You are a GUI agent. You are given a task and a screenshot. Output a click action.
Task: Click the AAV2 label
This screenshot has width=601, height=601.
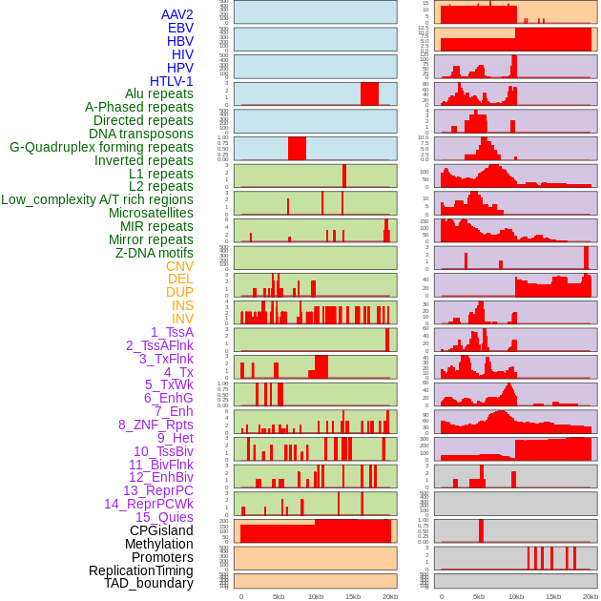[x=176, y=15]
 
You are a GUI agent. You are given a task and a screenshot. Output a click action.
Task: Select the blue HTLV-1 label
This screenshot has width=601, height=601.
[x=171, y=82]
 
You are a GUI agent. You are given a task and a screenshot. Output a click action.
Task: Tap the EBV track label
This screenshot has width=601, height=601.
[x=179, y=29]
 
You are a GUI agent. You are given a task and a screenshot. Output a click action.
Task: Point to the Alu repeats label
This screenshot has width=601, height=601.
[x=158, y=94]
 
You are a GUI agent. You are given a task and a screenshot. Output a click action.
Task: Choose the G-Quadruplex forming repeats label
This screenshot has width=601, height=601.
[x=101, y=148]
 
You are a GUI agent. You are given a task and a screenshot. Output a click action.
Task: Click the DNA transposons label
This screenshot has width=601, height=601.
[x=140, y=135]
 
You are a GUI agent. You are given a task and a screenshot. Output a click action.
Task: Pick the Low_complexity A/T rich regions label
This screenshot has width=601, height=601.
[x=96, y=200]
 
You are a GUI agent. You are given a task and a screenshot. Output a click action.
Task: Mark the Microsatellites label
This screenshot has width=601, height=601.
[x=151, y=214]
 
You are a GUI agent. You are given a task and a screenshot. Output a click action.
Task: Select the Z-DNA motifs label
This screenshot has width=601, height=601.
[x=154, y=254]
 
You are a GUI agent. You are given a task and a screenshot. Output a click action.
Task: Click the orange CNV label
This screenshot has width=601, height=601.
[x=179, y=267]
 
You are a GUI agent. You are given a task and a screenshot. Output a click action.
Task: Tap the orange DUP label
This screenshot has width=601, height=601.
[x=179, y=293]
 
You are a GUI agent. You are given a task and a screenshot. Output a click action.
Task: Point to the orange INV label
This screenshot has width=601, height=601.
[x=181, y=320]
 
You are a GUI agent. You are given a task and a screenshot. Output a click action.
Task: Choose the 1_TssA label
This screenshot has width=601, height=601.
[x=172, y=333]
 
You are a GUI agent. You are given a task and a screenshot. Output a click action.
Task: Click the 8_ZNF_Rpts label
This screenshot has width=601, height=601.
[x=155, y=425]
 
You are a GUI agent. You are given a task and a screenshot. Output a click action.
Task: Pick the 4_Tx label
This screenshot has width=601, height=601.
[x=178, y=373]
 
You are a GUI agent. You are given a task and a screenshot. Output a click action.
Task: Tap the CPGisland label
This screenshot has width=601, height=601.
[x=161, y=531]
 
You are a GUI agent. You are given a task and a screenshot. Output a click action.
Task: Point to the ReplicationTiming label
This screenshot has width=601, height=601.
[x=140, y=570]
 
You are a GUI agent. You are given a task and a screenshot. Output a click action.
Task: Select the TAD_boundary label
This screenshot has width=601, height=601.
[x=148, y=583]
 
